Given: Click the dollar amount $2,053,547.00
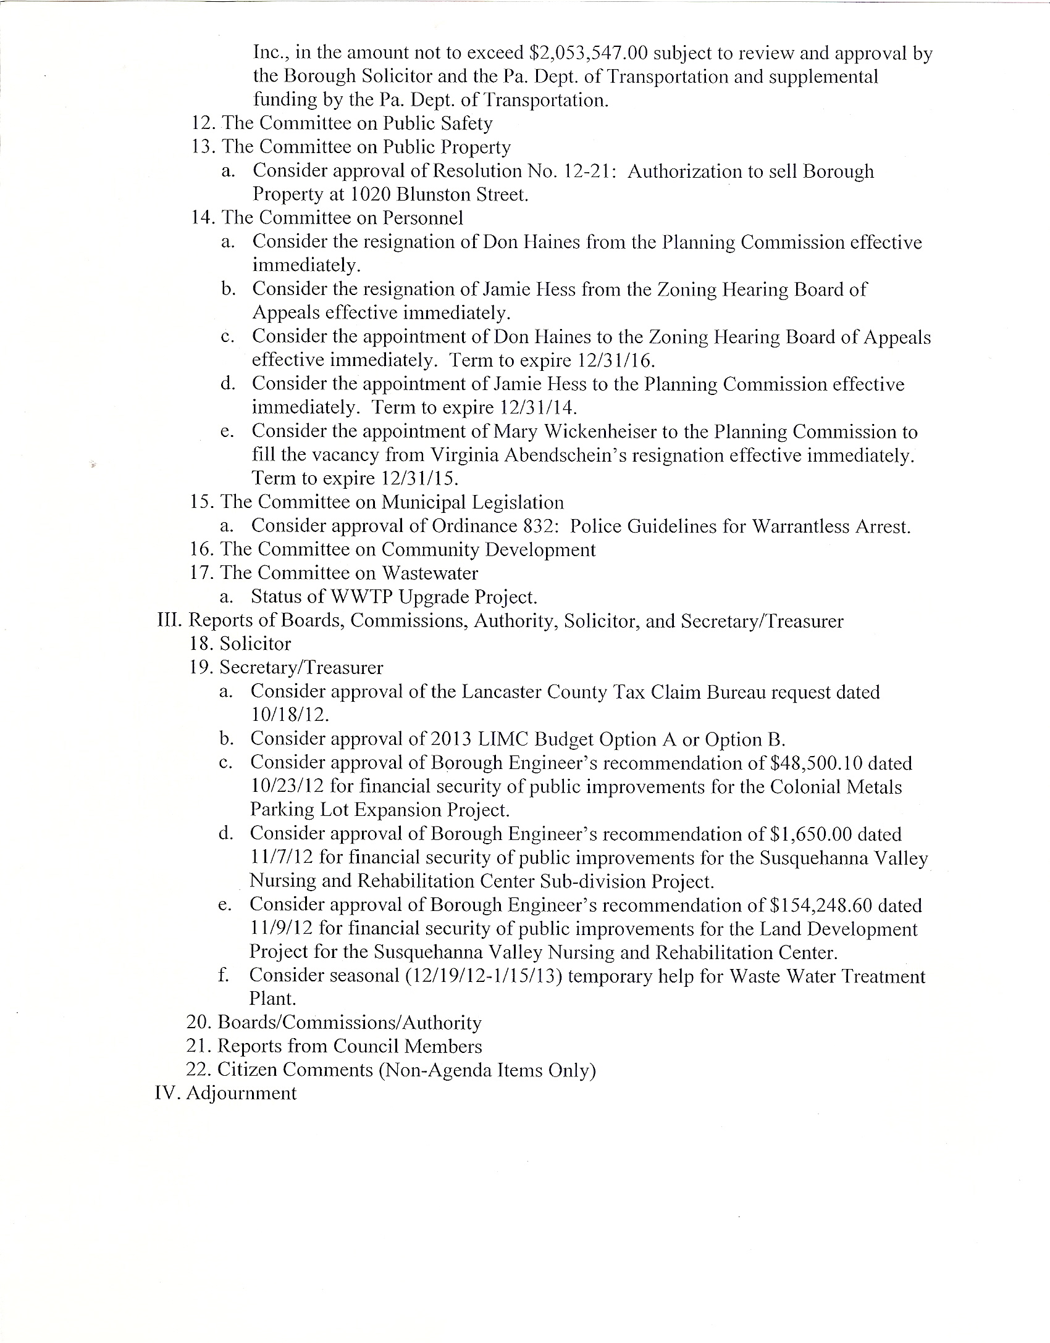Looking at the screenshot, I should (x=589, y=54).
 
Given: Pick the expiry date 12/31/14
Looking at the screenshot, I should (x=535, y=408).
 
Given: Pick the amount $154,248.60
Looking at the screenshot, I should (x=821, y=905).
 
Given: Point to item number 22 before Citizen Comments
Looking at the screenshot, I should (x=199, y=1070).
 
